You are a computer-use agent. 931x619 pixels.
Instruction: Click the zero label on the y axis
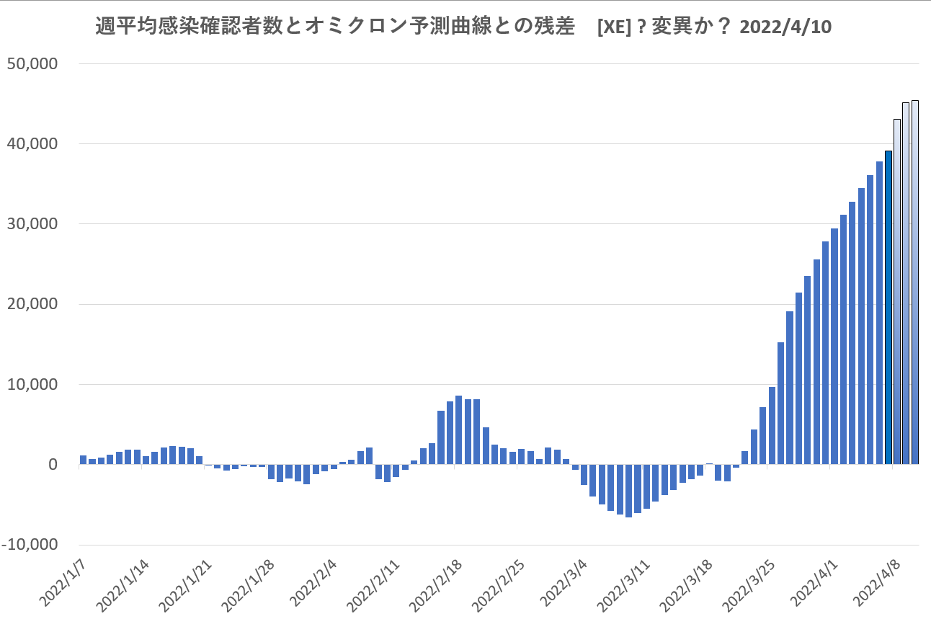(52, 465)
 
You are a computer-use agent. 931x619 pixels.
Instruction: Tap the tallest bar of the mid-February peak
(458, 430)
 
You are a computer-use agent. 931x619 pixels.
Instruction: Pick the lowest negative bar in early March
(628, 491)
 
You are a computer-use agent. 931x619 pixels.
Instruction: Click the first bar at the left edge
(83, 460)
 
